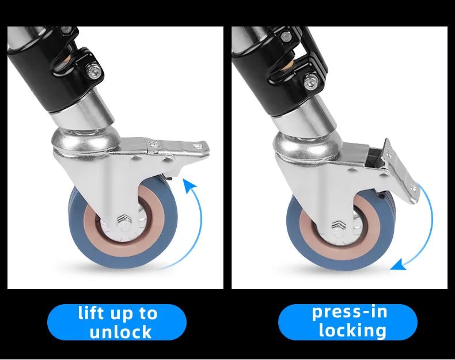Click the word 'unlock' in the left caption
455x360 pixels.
pos(120,332)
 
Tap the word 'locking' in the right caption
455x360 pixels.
pos(352,330)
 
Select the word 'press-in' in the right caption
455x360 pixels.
pos(350,312)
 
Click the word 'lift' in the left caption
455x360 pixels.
pos(90,313)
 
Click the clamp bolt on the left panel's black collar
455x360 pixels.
pos(94,70)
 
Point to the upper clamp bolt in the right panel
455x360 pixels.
pos(286,36)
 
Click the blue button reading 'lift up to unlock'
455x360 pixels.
pos(117,322)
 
